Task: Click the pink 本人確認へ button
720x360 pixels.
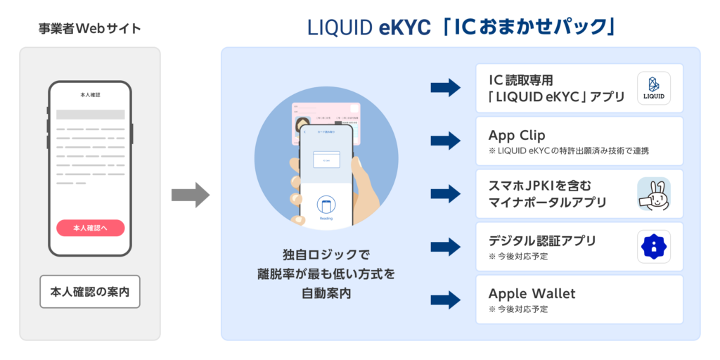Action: click(90, 228)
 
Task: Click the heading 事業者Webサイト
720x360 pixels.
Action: click(90, 29)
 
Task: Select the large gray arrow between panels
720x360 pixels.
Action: click(191, 195)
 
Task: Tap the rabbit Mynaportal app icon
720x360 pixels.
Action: click(653, 193)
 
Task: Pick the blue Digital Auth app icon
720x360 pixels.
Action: click(653, 247)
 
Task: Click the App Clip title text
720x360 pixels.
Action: click(517, 135)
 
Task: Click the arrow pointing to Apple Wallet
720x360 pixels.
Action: click(444, 300)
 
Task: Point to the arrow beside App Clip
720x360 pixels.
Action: click(444, 141)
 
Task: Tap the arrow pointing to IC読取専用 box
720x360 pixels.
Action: click(444, 88)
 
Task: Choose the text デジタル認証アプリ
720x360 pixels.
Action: click(542, 240)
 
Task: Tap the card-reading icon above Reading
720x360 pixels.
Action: click(326, 205)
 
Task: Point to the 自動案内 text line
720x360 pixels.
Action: click(326, 292)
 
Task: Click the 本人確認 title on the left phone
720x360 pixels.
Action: click(90, 94)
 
